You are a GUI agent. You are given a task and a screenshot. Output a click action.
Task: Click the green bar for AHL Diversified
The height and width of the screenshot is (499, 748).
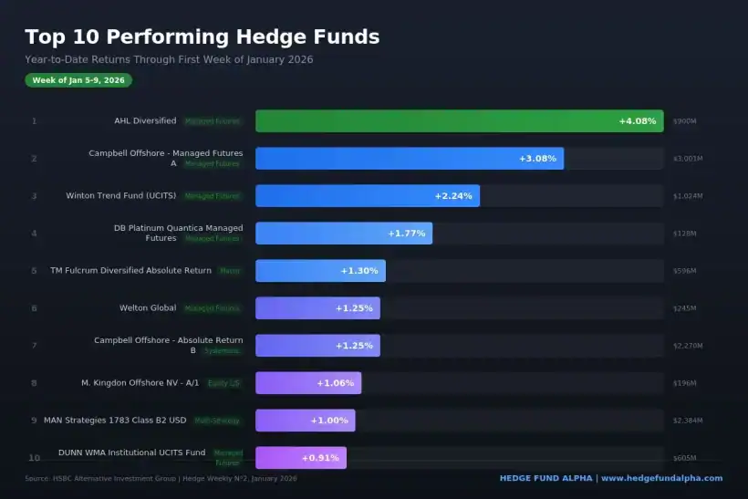pyautogui.click(x=459, y=121)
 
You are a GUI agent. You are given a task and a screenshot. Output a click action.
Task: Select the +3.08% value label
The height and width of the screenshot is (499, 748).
pyautogui.click(x=537, y=159)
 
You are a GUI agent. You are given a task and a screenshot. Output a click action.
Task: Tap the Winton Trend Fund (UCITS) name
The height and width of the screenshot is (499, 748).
pyautogui.click(x=120, y=195)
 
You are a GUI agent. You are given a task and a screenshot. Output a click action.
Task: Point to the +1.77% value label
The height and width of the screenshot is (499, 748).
pyautogui.click(x=407, y=234)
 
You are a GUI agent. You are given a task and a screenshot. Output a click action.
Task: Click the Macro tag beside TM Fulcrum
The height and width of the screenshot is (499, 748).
pyautogui.click(x=230, y=270)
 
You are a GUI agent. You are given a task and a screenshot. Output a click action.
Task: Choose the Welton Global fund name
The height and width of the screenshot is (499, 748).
pyautogui.click(x=148, y=307)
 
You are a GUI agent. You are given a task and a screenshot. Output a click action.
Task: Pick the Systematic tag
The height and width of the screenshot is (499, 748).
pyautogui.click(x=222, y=350)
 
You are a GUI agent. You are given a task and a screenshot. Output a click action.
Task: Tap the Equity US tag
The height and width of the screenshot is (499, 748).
pyautogui.click(x=223, y=383)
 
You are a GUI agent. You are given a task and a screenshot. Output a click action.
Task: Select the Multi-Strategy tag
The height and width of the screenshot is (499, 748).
pyautogui.click(x=217, y=421)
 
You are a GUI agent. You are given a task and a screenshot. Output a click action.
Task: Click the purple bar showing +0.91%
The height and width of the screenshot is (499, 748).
pyautogui.click(x=300, y=458)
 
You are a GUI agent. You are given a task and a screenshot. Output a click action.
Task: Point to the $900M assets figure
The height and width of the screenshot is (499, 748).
pyautogui.click(x=684, y=121)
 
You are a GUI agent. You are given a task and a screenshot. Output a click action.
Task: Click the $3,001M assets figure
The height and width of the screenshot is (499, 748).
pyautogui.click(x=688, y=159)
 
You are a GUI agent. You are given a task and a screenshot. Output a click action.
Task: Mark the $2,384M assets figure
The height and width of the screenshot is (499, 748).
pyautogui.click(x=688, y=421)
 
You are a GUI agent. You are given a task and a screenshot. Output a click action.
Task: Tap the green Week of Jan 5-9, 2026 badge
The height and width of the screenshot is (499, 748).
pyautogui.click(x=78, y=80)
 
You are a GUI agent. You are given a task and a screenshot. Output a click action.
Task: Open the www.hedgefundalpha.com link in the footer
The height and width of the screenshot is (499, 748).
pyautogui.click(x=661, y=478)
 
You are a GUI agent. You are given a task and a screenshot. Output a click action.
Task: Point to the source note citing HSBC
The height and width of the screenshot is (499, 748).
pyautogui.click(x=161, y=478)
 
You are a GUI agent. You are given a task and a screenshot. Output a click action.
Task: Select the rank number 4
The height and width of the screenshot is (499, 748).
pyautogui.click(x=34, y=234)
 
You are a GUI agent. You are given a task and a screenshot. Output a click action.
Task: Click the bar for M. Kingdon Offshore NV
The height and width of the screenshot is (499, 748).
pyautogui.click(x=308, y=383)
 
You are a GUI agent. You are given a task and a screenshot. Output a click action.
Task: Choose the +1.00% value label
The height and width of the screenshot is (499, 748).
pyautogui.click(x=329, y=421)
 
